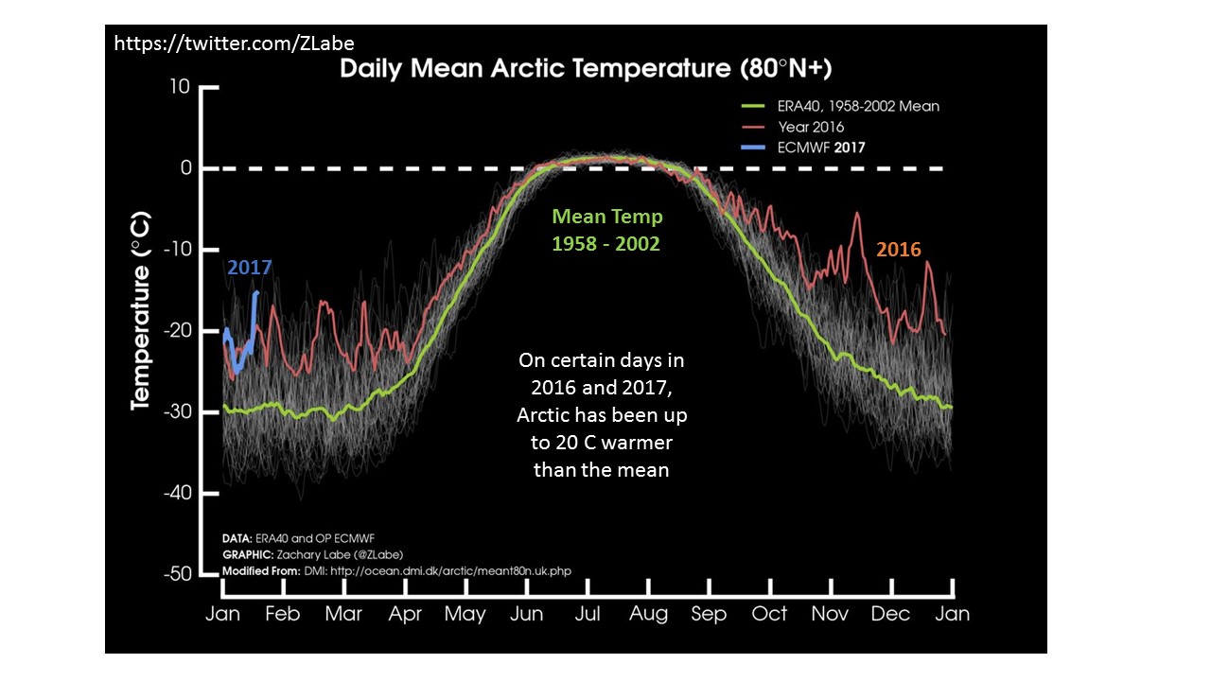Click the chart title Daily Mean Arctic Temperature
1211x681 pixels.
click(586, 69)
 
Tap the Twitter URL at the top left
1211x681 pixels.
click(234, 43)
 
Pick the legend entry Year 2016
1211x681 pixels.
click(811, 127)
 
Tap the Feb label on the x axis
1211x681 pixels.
click(282, 614)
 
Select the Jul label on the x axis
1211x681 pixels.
click(588, 614)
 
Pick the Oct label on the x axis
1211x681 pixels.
click(769, 614)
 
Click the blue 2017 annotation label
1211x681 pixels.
click(249, 268)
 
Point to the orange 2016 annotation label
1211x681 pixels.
click(898, 250)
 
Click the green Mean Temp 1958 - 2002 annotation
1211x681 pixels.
click(606, 230)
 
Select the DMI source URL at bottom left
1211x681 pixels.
click(450, 571)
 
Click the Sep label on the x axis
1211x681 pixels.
click(709, 614)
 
